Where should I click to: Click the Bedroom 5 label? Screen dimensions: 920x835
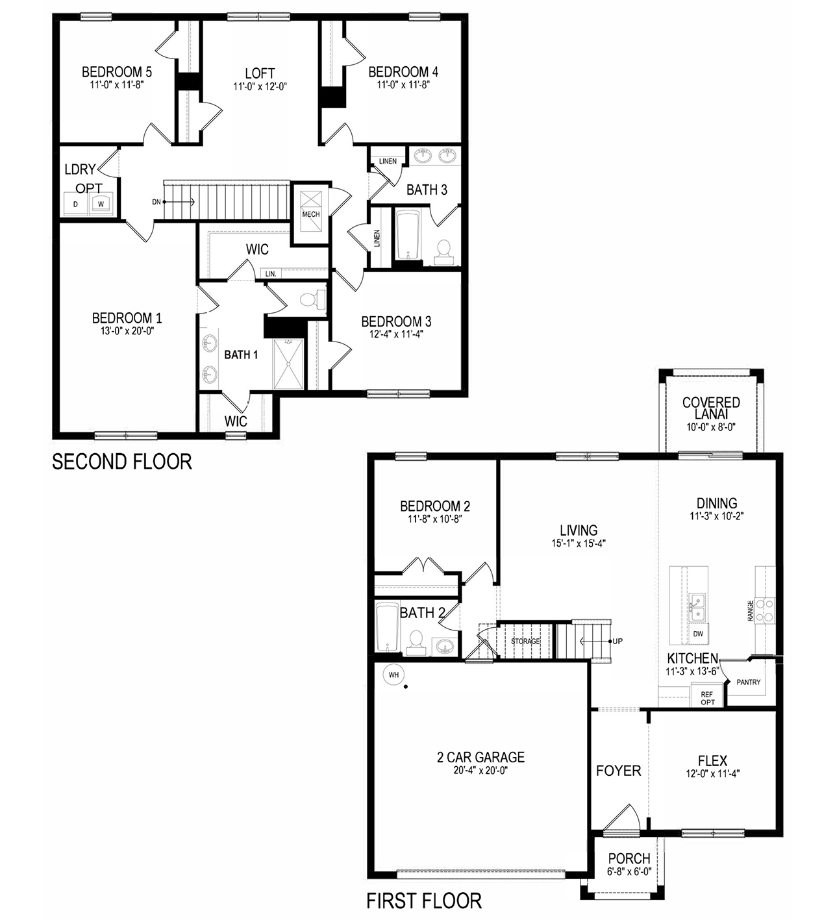(x=117, y=72)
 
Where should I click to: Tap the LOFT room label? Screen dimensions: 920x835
(x=260, y=73)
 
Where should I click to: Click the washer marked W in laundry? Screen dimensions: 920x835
(x=101, y=204)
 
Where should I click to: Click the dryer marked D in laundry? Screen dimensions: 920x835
(x=75, y=204)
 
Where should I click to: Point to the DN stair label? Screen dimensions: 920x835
(x=156, y=202)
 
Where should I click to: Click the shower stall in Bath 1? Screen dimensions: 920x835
(x=288, y=364)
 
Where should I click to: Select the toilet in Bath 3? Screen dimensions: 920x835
(x=444, y=252)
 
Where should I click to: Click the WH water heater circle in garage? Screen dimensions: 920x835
(x=393, y=675)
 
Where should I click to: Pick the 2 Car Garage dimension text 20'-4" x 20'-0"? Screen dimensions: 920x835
(x=480, y=771)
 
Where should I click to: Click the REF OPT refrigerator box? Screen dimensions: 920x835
(x=707, y=698)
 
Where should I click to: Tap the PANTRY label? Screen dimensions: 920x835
(x=748, y=682)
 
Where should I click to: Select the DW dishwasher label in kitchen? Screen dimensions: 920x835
(x=698, y=634)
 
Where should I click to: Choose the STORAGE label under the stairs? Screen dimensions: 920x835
(x=525, y=641)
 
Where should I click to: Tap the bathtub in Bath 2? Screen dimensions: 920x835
(x=387, y=627)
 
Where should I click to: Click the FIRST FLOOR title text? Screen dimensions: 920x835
(x=424, y=901)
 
